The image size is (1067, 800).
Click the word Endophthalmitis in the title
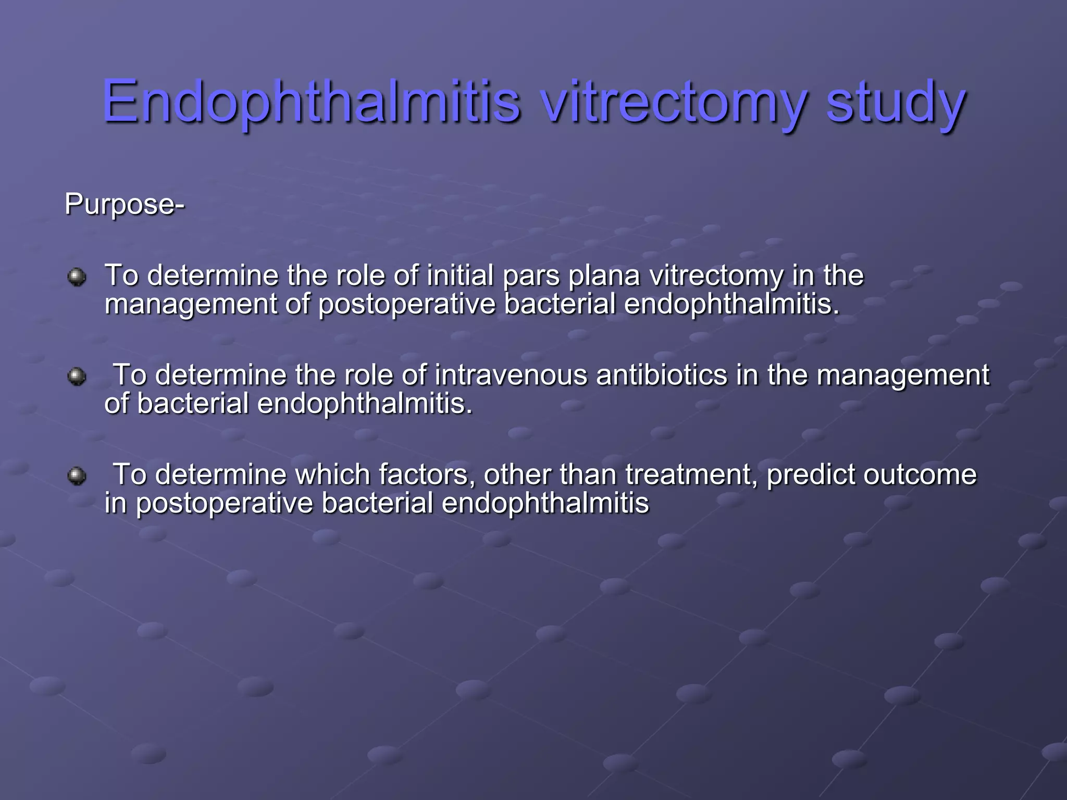coord(311,102)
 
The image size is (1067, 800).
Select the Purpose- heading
coord(124,204)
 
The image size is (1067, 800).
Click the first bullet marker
coord(77,277)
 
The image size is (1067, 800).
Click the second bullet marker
coord(77,376)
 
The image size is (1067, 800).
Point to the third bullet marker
coord(77,476)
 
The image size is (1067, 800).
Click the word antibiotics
coord(661,374)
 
